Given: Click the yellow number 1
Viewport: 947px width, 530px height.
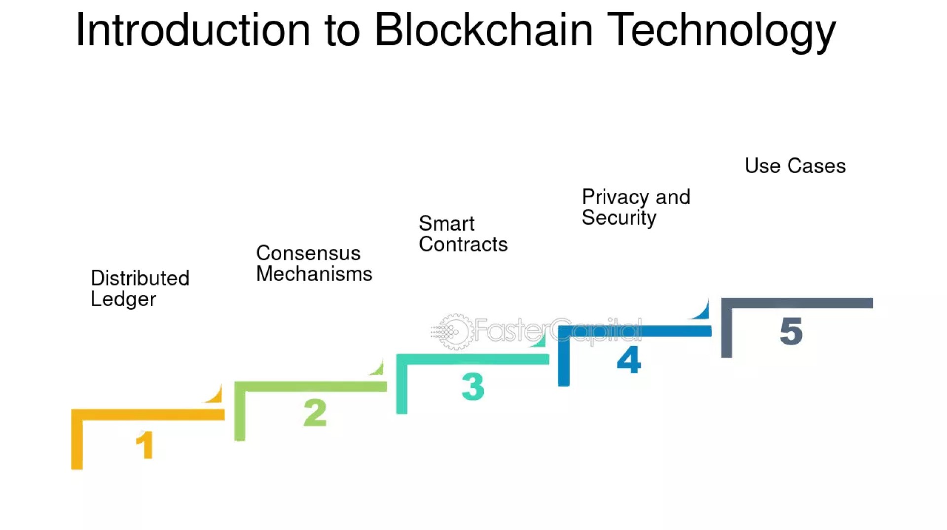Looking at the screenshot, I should tap(145, 445).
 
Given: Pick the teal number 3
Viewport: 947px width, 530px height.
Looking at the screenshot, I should tap(473, 386).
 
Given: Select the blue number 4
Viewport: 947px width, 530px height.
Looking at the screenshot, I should tap(629, 359).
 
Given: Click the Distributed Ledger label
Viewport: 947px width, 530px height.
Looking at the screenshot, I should tap(140, 288).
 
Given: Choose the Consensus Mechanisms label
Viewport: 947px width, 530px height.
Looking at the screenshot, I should tap(314, 263).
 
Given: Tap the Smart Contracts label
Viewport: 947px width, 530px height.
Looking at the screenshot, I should tap(463, 234).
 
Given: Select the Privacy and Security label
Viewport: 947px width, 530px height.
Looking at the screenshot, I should tap(635, 207).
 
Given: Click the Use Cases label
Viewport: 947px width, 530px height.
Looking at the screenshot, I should tap(795, 166).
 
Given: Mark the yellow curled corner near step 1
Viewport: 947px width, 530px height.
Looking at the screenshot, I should tap(215, 395).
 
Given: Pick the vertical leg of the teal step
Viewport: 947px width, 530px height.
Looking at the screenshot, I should tap(402, 387).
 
